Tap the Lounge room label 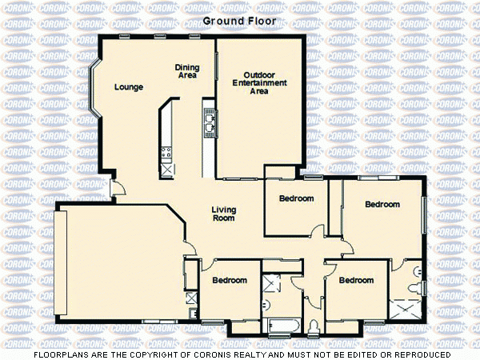[128, 87]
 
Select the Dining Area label [187, 72]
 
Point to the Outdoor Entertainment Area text [259, 83]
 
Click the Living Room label [222, 214]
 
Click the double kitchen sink [209, 122]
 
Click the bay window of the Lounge [93, 88]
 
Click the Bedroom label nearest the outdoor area [296, 198]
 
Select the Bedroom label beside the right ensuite [355, 281]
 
